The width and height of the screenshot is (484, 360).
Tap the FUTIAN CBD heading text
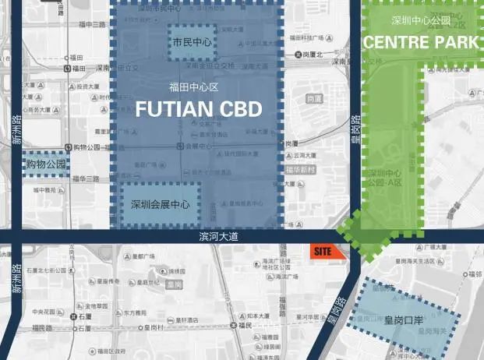coord(198,110)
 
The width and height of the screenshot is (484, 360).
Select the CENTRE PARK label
coord(421,42)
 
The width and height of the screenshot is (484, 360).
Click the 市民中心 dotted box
coord(193,42)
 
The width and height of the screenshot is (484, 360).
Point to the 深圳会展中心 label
coord(161,205)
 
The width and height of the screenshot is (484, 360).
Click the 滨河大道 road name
coord(217,235)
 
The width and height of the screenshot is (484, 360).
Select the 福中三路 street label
coord(91,24)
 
